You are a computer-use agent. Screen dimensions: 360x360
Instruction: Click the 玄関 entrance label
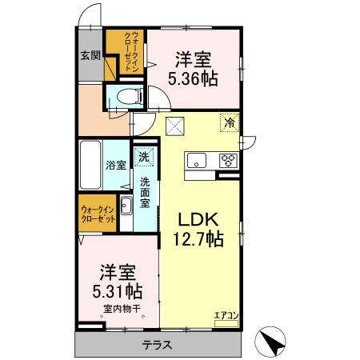[x=90, y=56]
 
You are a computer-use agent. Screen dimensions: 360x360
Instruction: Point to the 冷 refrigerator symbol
[x=230, y=123]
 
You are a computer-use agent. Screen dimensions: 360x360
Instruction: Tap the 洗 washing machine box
[x=145, y=158]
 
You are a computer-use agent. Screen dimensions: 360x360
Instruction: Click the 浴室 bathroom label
[x=116, y=166]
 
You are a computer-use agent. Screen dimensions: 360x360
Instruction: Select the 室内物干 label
[x=121, y=309]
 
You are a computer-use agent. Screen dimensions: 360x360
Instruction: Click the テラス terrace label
[x=160, y=346]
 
